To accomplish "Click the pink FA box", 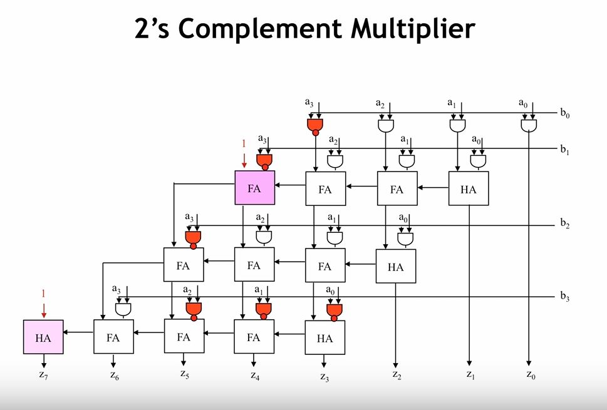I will [x=254, y=188].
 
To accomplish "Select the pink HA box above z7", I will [x=43, y=338].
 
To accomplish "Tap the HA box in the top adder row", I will [x=468, y=188].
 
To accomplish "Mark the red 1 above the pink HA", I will [x=43, y=293].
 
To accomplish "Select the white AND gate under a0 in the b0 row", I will [x=529, y=125].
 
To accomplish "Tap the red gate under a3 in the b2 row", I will [x=194, y=238].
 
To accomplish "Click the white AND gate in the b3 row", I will [x=123, y=309].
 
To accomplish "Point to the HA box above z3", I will [x=324, y=339].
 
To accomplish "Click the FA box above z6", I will [x=113, y=338].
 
